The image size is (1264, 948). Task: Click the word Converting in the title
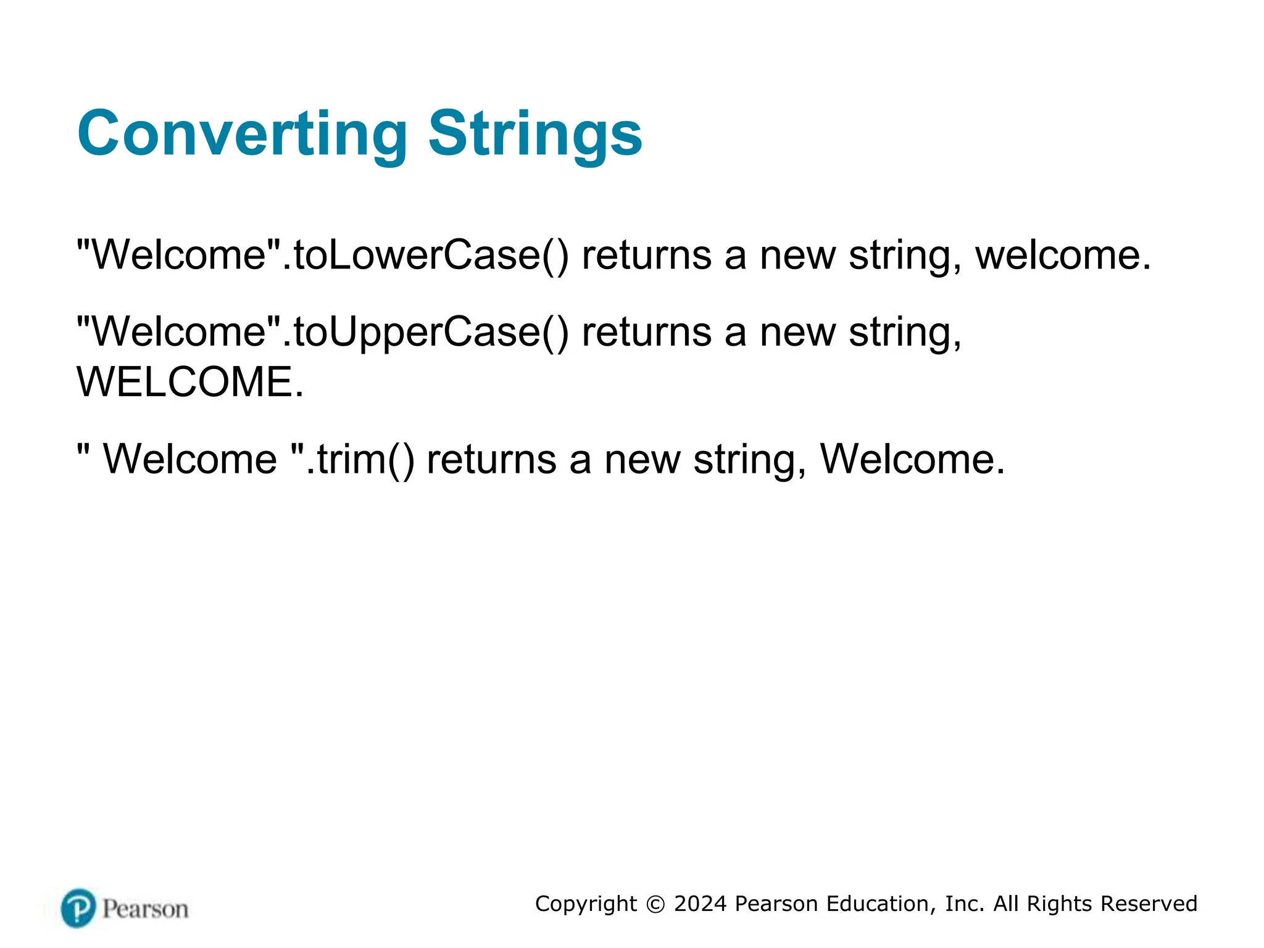click(x=242, y=133)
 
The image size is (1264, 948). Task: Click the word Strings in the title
click(x=535, y=133)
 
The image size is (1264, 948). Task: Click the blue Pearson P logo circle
click(x=78, y=908)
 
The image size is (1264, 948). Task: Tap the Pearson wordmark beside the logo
click(x=145, y=909)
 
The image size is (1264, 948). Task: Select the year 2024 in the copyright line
click(x=700, y=904)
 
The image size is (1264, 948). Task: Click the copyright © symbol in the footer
click(x=655, y=904)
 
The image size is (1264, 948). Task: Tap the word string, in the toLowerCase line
click(x=905, y=255)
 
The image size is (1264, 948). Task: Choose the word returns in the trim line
click(x=491, y=459)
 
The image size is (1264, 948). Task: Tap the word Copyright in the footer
click(x=586, y=904)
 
